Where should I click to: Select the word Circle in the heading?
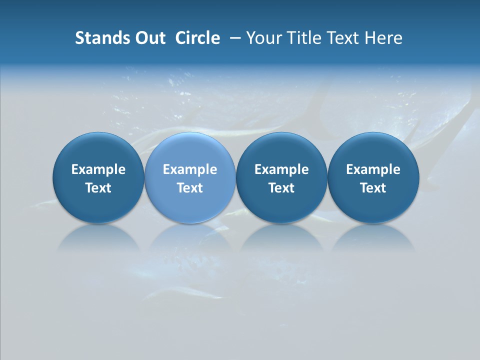click(197, 38)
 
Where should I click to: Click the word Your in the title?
click(263, 38)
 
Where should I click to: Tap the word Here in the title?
click(384, 38)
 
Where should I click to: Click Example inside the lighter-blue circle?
click(190, 169)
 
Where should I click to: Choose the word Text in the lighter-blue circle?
click(190, 188)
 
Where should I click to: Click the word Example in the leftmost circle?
click(98, 169)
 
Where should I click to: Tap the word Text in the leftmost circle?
click(98, 188)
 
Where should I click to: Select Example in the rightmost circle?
click(373, 169)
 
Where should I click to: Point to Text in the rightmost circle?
click(373, 188)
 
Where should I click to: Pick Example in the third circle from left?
click(281, 169)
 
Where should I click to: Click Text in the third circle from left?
click(281, 188)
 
